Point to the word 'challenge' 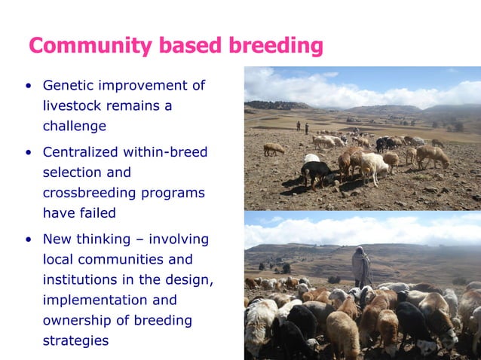click(x=74, y=126)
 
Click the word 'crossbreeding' click(x=89, y=193)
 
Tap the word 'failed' click(x=97, y=213)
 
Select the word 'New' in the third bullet click(x=57, y=239)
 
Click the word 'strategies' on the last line click(x=75, y=340)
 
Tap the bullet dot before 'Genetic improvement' click(x=28, y=86)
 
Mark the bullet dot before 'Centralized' click(x=28, y=154)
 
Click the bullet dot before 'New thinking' click(x=28, y=240)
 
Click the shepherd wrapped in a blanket click(x=362, y=267)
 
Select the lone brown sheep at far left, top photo click(x=274, y=148)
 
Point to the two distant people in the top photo click(x=302, y=127)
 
